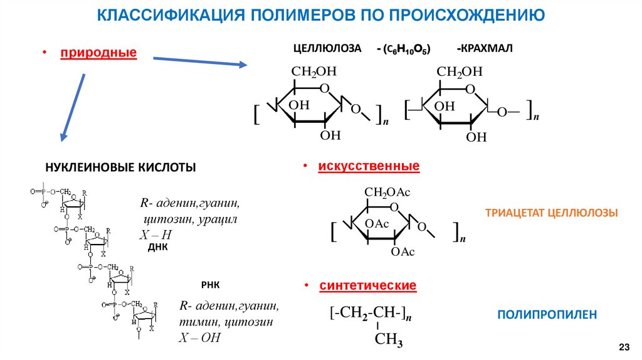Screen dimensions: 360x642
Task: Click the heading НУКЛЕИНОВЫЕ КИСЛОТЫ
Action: click(x=120, y=167)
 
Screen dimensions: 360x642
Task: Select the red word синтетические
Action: click(x=368, y=285)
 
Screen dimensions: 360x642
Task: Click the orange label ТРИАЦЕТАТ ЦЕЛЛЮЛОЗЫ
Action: click(x=552, y=213)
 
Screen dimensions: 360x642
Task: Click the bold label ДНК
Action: click(x=157, y=248)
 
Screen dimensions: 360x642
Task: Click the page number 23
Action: click(x=624, y=347)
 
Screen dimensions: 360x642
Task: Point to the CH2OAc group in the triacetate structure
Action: click(x=387, y=193)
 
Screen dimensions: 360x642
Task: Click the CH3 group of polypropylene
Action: click(x=388, y=341)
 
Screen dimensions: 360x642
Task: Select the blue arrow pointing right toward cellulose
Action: click(x=200, y=61)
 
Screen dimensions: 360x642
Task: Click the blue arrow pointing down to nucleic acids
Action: click(x=73, y=107)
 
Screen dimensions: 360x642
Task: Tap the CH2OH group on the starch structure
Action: click(x=460, y=72)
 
